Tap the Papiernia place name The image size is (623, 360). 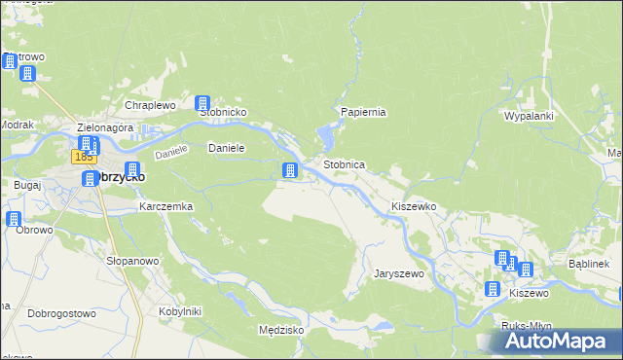(x=363, y=112)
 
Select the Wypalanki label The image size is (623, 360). (x=528, y=116)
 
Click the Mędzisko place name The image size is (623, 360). (x=282, y=330)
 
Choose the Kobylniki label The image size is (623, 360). (x=179, y=311)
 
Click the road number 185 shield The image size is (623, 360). (x=83, y=156)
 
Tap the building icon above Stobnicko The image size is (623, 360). (x=203, y=103)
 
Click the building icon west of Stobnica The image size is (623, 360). (x=289, y=171)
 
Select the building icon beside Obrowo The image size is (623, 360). (x=14, y=219)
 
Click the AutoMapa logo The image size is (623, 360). (x=560, y=342)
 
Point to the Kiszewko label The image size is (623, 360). (x=413, y=207)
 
